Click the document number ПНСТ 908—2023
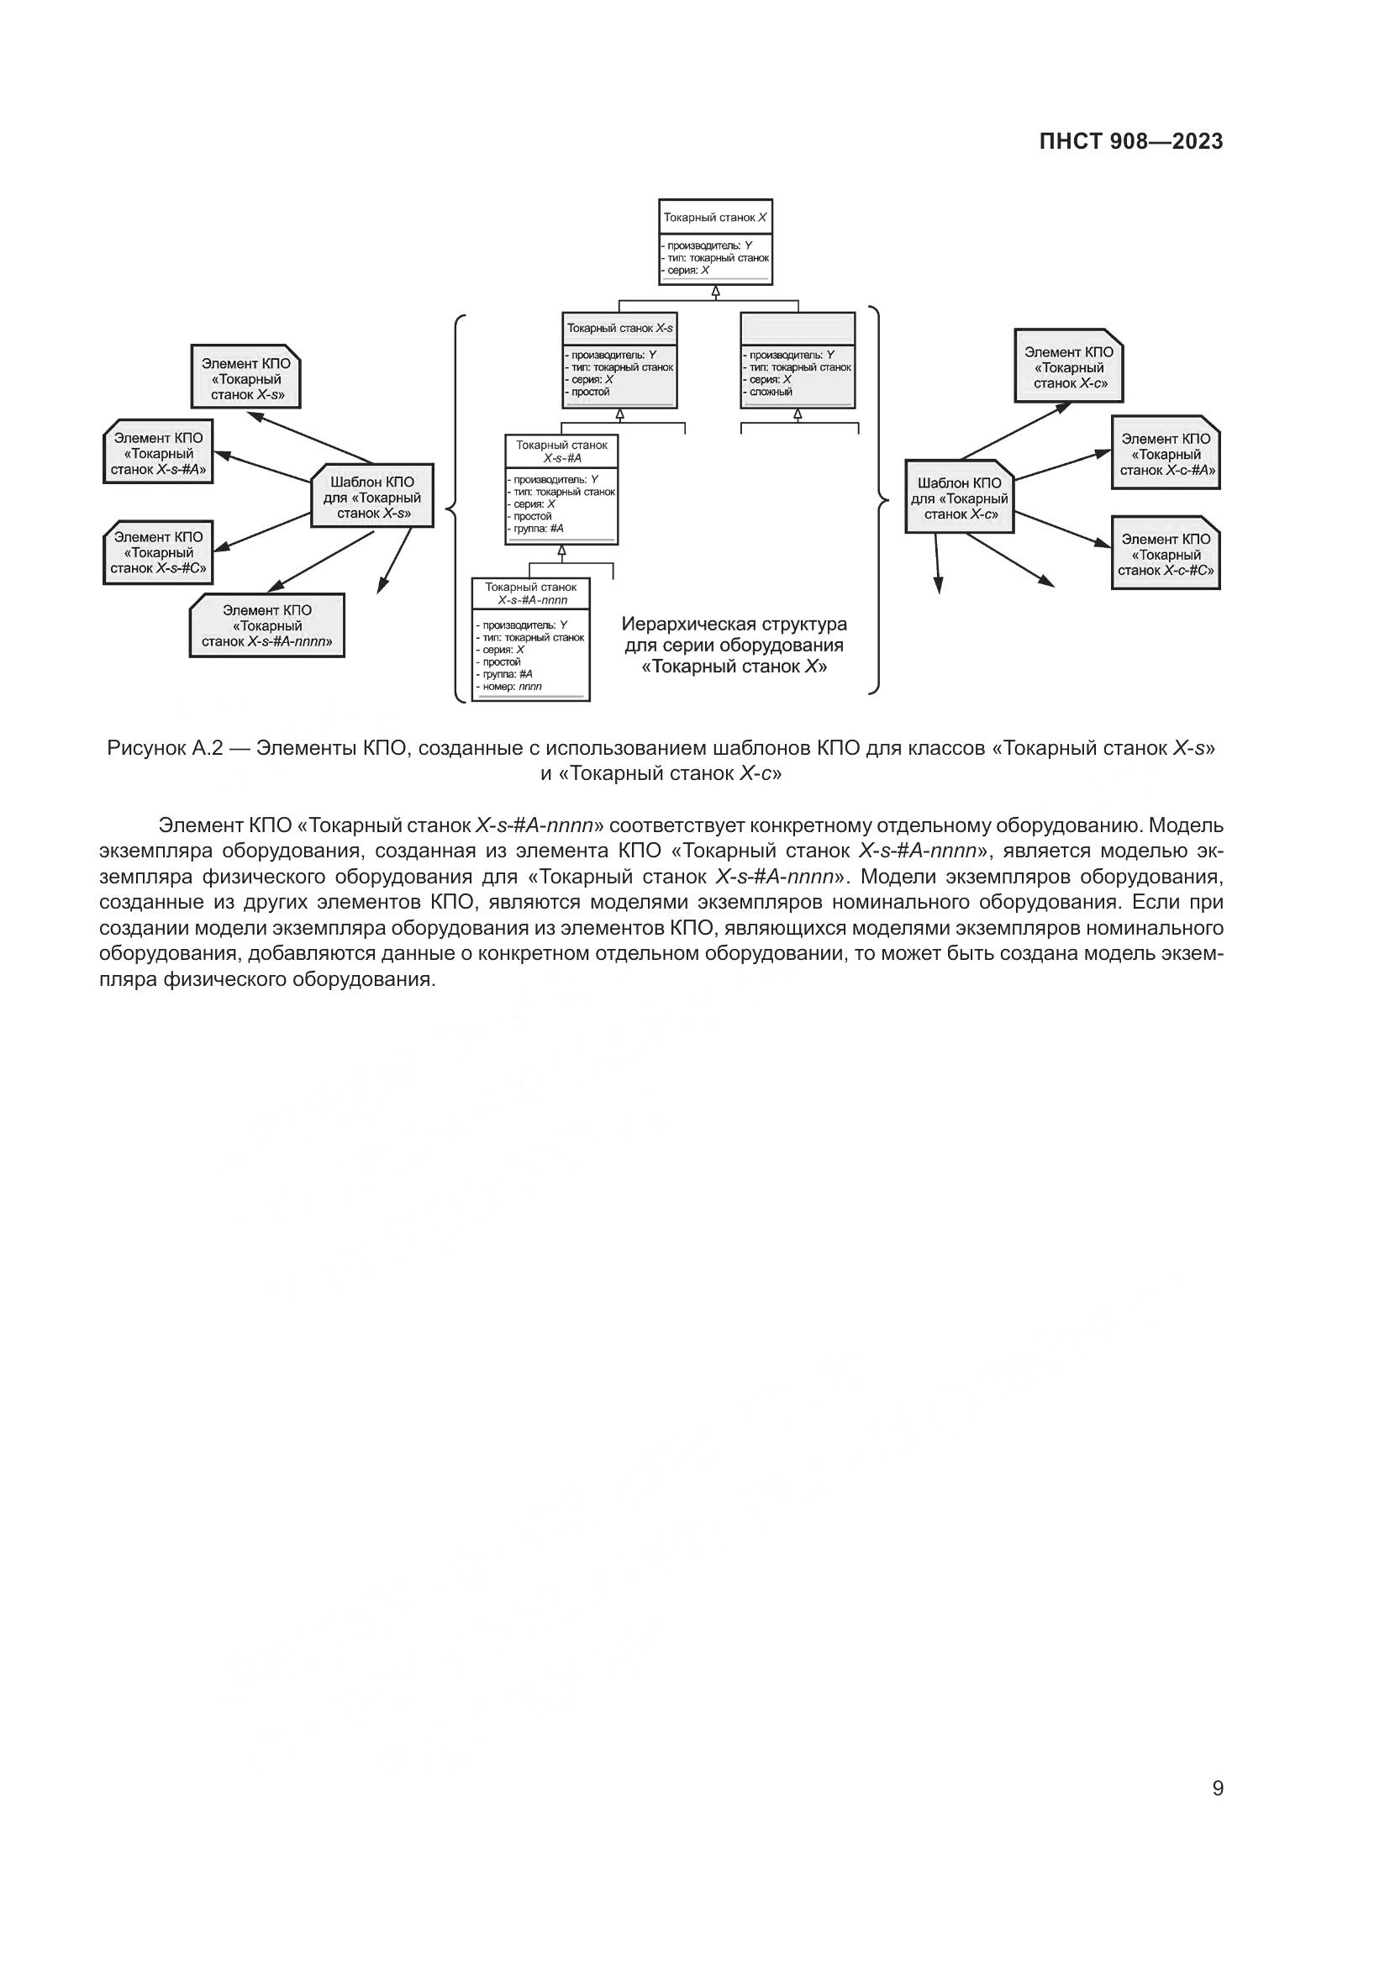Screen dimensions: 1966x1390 [x=1130, y=142]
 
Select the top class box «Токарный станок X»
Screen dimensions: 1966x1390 [x=714, y=241]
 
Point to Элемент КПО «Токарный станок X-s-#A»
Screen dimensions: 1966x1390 [x=158, y=452]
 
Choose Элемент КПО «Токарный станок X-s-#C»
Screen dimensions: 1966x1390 [x=158, y=552]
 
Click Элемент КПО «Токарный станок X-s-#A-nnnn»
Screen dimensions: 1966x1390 [x=267, y=626]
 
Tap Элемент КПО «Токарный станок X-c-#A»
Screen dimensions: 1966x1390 [x=1166, y=454]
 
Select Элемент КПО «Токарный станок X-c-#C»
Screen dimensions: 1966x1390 [x=1166, y=553]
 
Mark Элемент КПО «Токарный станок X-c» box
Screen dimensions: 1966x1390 [x=1069, y=366]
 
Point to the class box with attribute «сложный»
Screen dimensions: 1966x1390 [x=798, y=360]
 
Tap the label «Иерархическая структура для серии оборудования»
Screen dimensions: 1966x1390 [x=734, y=634]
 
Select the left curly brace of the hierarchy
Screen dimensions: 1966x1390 [x=454, y=505]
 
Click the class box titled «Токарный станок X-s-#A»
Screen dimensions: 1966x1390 [x=561, y=490]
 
